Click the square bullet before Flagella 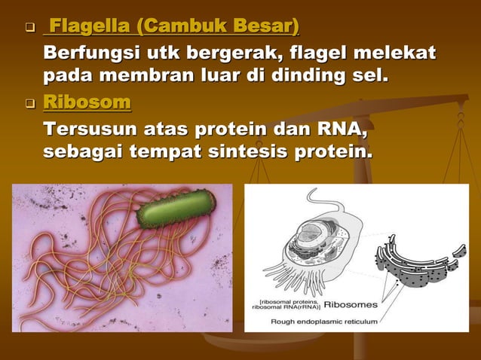pos(29,30)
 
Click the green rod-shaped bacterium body pos(175,209)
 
